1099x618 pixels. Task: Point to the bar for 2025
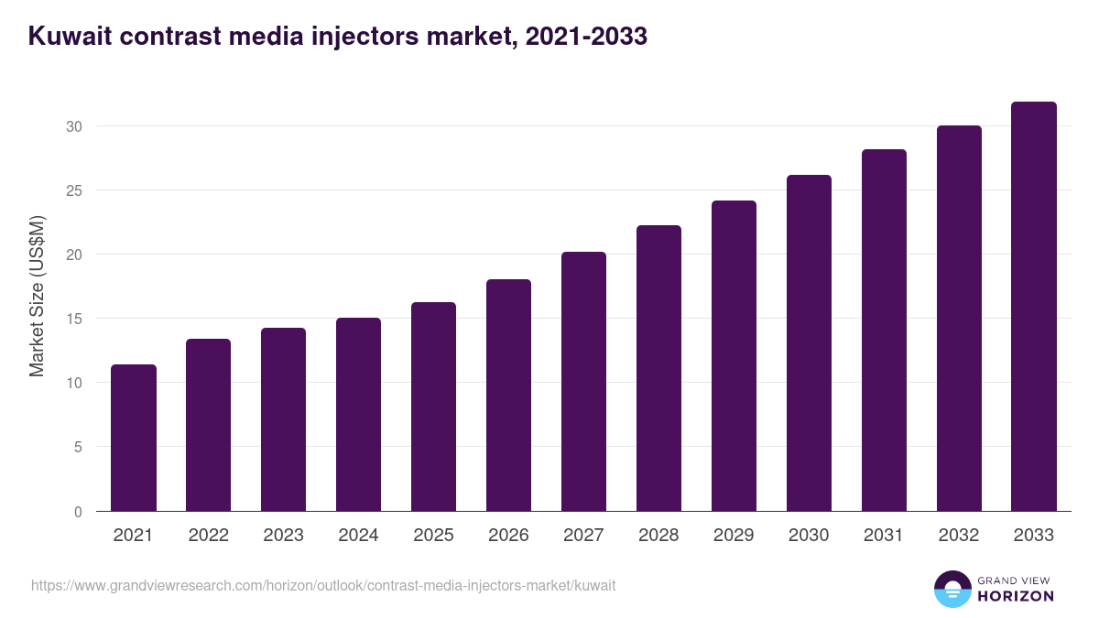point(433,407)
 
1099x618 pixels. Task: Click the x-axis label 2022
point(208,536)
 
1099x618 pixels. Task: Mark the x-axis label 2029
point(734,536)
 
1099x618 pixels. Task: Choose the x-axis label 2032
point(959,536)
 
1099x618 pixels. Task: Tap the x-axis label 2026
point(508,536)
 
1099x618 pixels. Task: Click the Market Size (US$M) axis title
point(37,297)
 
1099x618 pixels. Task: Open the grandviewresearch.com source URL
point(323,585)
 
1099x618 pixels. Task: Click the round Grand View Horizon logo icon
point(952,589)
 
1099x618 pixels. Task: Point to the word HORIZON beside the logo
point(1017,596)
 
